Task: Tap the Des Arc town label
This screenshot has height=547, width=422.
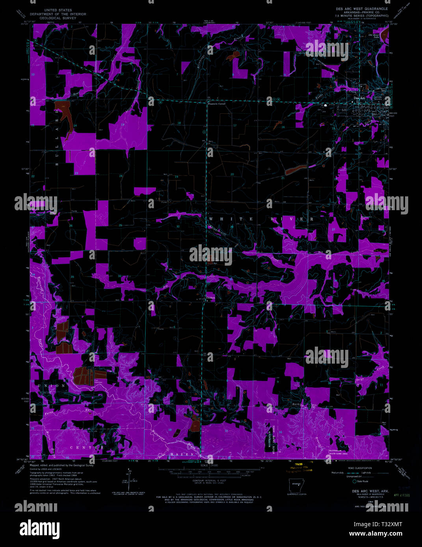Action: pyautogui.click(x=359, y=98)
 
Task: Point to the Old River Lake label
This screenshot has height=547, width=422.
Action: pyautogui.click(x=373, y=36)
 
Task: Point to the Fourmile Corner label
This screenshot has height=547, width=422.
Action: pyautogui.click(x=216, y=104)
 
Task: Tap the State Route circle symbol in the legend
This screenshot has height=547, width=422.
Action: pyautogui.click(x=354, y=481)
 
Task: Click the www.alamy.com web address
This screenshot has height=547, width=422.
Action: pyautogui.click(x=376, y=534)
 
